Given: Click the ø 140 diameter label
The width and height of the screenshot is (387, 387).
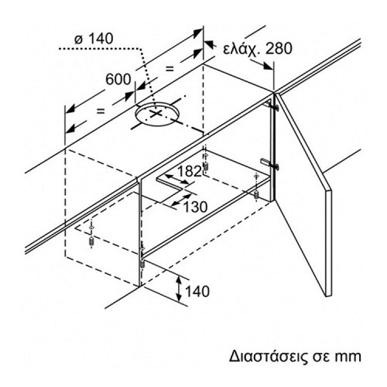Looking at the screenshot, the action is [x=94, y=39].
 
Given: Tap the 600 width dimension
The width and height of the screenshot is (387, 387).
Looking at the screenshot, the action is [x=118, y=79].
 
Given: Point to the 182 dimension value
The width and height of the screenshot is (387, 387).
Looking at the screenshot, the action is [x=189, y=171].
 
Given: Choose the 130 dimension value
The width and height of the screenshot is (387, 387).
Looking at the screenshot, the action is [x=195, y=207].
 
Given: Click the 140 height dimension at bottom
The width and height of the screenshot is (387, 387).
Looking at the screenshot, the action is [x=197, y=292].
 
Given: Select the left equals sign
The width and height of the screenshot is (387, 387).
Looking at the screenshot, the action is [x=101, y=111].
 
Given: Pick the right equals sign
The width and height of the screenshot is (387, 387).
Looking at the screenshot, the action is [x=170, y=69].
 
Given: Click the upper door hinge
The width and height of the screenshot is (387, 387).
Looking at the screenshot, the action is [x=271, y=106].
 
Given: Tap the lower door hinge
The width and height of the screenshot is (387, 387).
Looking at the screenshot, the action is [x=270, y=165].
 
